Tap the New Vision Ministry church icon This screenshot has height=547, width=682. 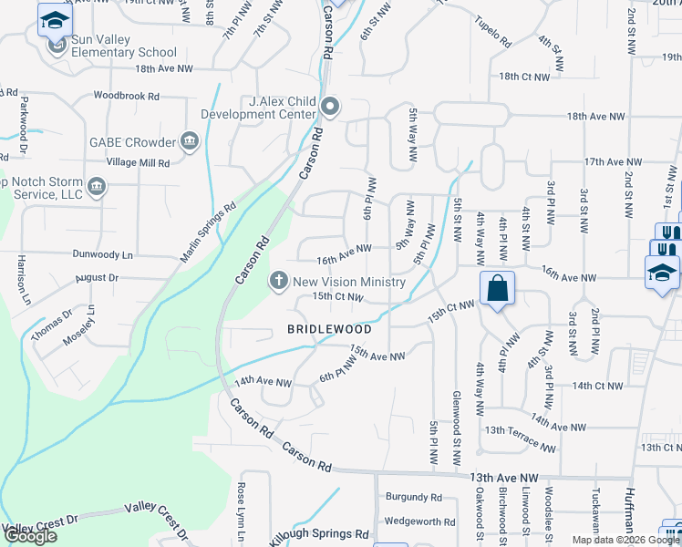280,281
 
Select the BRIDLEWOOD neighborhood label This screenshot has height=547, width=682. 329,328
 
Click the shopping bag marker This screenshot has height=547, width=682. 498,290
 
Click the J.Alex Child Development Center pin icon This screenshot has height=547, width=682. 330,108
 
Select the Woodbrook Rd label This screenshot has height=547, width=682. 126,95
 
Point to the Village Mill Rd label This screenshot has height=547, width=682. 138,162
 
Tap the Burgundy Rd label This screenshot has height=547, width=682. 413,498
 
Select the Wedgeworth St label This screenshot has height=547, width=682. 419,522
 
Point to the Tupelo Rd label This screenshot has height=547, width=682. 492,36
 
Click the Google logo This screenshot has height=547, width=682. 30,536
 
